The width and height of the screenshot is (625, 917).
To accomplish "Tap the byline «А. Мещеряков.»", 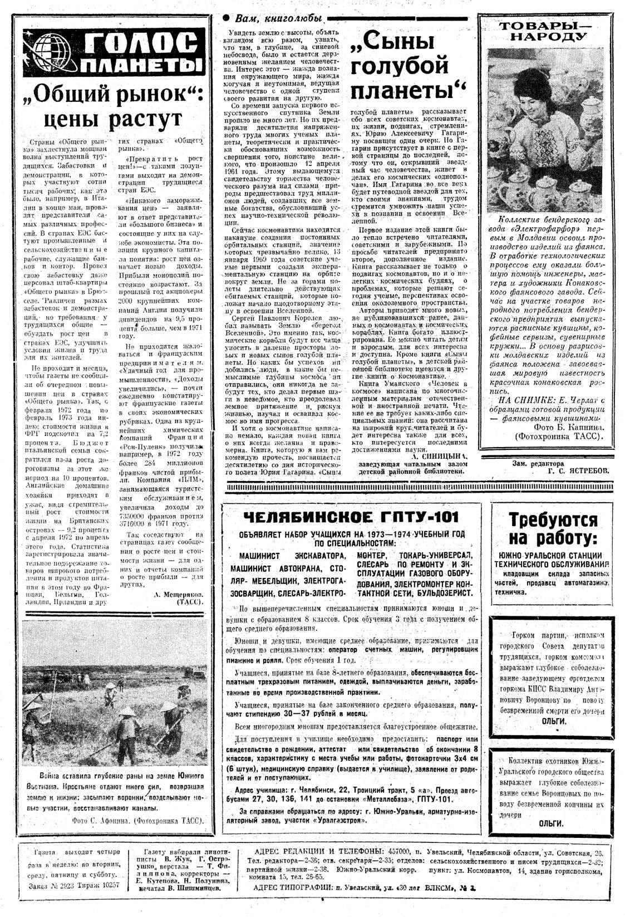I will pos(179,595).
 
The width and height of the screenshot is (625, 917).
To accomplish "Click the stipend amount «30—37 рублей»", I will pos(312,713).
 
